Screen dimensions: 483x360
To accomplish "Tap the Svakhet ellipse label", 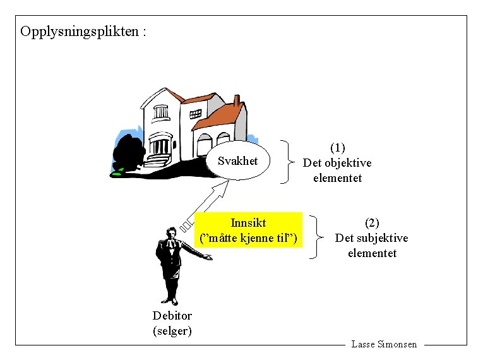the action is click(x=237, y=161).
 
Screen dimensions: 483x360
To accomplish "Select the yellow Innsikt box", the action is click(x=248, y=231).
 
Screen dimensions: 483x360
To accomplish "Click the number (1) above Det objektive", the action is click(x=338, y=147).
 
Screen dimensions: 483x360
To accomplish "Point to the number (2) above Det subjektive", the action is click(x=372, y=222).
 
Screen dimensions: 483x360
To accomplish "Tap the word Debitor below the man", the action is click(x=172, y=316).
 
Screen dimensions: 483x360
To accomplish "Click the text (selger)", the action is click(x=172, y=330).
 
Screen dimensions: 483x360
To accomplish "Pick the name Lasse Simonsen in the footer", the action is click(x=384, y=344).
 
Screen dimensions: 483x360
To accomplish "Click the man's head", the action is click(x=169, y=233).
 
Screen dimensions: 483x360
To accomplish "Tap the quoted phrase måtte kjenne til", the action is click(x=248, y=238).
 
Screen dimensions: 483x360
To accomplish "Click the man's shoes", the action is click(x=169, y=301).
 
